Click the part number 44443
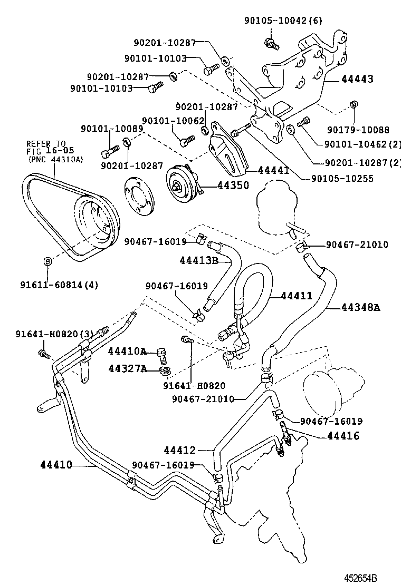click(357, 79)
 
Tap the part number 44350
click(219, 185)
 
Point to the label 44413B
click(199, 260)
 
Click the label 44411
click(296, 296)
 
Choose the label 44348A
click(360, 307)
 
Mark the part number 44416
click(343, 435)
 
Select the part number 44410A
click(127, 351)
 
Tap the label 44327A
click(127, 368)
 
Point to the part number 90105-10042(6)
click(283, 21)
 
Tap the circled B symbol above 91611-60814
click(47, 261)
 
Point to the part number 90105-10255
click(339, 178)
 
